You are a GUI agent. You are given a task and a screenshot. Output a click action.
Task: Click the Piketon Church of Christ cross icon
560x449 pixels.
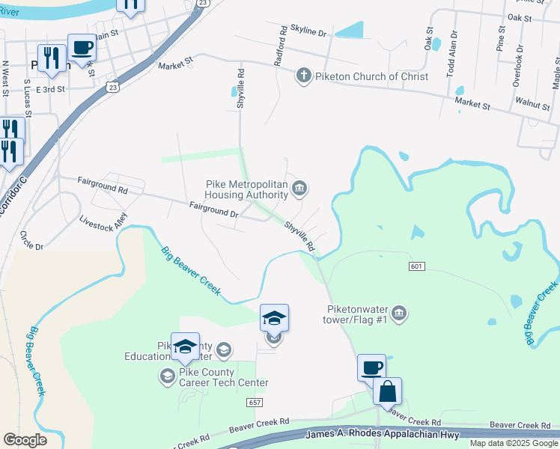click(x=303, y=76)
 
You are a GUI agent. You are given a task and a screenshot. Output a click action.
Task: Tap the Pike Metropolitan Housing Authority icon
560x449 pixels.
click(x=299, y=187)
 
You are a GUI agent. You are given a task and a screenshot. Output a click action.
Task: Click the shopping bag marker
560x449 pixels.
click(x=387, y=391)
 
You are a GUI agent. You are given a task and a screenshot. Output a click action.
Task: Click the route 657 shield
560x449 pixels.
click(x=253, y=403)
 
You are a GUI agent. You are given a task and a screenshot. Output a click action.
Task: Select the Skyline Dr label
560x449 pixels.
click(x=309, y=34)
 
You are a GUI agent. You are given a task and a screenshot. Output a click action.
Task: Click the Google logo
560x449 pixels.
click(x=25, y=440)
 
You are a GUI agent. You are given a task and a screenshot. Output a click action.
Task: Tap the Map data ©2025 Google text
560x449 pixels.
click(x=514, y=443)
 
